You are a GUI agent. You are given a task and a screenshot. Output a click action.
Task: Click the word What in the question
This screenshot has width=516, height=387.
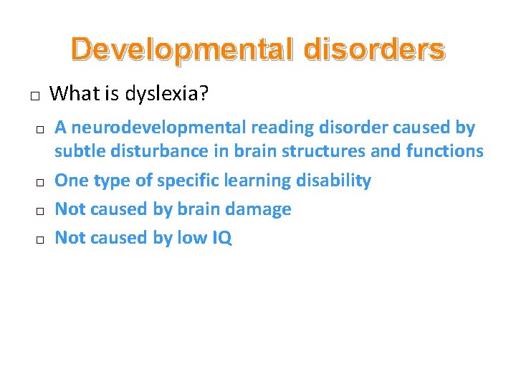(x=75, y=93)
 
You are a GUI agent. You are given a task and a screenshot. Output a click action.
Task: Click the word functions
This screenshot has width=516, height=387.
(x=444, y=151)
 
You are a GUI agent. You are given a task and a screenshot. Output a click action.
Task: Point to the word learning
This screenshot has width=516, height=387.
(x=260, y=181)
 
